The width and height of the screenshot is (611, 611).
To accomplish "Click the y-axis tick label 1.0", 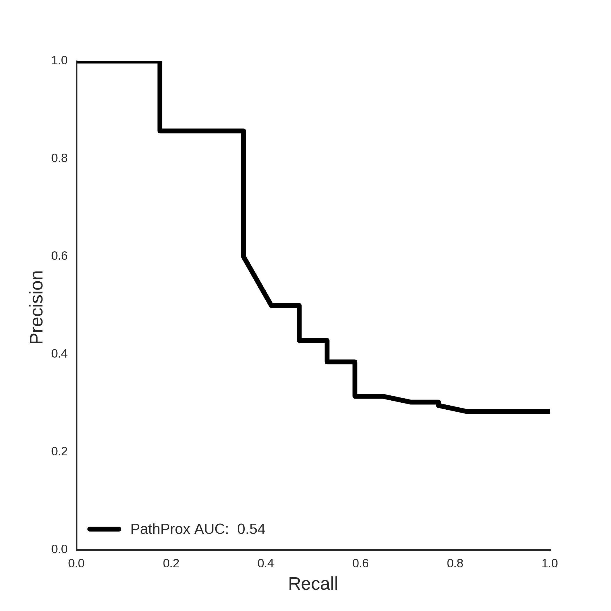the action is [x=59, y=61].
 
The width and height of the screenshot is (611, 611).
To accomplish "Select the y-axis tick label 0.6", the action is [x=59, y=256].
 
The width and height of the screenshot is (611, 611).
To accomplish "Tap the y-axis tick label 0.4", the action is [x=59, y=354].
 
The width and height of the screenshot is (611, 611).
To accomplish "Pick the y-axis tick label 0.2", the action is [x=59, y=451].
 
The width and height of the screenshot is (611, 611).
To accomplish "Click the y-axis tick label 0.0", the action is [x=59, y=549].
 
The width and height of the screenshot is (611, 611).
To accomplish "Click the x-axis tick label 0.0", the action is [x=77, y=563].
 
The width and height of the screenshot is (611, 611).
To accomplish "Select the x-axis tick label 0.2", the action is [x=171, y=563].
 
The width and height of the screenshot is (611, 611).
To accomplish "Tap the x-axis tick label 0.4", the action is [x=266, y=563].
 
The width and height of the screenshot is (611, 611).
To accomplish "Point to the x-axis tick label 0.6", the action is [x=360, y=563].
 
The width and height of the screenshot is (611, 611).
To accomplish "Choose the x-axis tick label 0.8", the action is [x=455, y=563].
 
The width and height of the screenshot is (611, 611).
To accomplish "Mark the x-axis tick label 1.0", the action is [x=550, y=563].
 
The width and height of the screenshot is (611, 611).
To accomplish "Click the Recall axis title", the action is [x=313, y=584].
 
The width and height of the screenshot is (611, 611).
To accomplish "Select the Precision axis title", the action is [x=36, y=308].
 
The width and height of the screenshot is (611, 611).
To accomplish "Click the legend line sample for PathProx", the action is [x=104, y=529].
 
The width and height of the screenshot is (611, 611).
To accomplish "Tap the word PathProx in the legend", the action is [x=160, y=529].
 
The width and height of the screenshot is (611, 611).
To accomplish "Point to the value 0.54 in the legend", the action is [x=251, y=529].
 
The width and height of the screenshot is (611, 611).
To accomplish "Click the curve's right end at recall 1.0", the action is [x=550, y=411].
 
